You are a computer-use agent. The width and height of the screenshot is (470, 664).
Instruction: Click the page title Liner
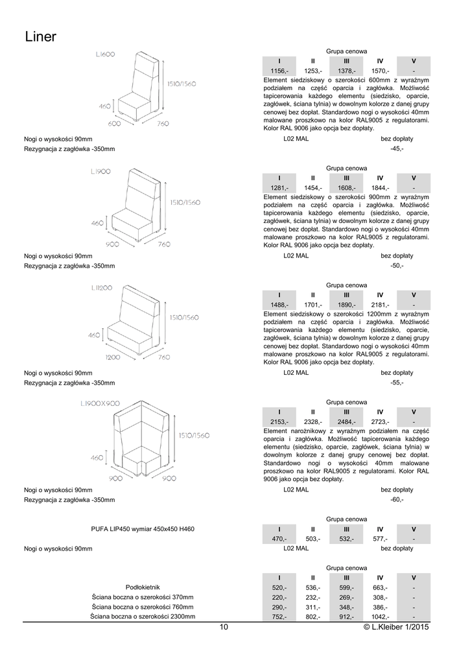pos(41,37)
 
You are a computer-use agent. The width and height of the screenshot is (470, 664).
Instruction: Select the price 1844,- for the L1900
pos(380,188)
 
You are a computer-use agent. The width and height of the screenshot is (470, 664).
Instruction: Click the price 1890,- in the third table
pos(346,305)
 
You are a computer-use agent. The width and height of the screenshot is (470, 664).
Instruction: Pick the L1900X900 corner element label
pos(100,403)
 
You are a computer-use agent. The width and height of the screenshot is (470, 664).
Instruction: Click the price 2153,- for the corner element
pos(279,422)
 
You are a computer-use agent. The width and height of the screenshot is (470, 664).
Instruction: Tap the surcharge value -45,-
pos(397,149)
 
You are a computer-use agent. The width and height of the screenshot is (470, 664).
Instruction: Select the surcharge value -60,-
pos(397,500)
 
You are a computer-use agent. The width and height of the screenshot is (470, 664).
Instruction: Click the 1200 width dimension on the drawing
pos(113,357)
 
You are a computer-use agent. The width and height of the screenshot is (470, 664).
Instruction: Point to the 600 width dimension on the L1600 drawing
pos(114,123)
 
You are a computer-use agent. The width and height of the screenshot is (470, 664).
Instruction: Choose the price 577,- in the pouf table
pos(380,539)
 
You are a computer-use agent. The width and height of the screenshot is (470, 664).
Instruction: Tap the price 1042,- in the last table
pos(380,617)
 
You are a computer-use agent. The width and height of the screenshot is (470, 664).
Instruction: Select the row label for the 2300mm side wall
pos(143,617)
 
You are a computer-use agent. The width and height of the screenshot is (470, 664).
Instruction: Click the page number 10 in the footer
pos(224,627)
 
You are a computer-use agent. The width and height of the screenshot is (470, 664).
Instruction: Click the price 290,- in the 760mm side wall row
pos(279,607)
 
